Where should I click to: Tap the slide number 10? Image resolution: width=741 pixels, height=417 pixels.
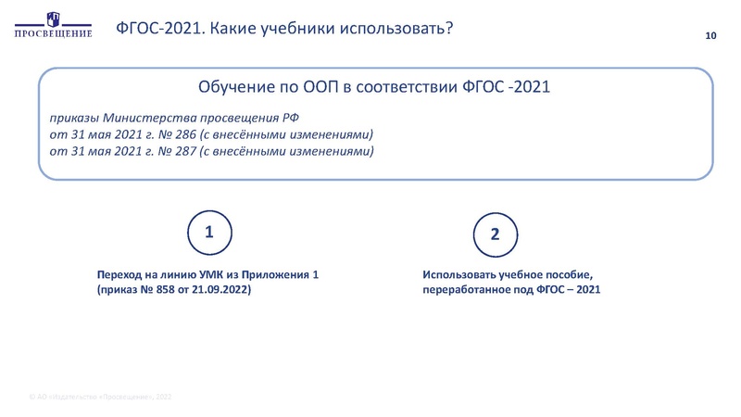coord(712,36)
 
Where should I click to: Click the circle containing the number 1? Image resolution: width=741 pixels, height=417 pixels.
coord(209,234)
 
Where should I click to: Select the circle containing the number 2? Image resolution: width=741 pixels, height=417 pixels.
coord(495,235)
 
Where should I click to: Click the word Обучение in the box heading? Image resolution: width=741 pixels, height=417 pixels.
coord(235,88)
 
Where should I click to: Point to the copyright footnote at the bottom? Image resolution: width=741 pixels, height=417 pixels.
coord(100,397)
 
